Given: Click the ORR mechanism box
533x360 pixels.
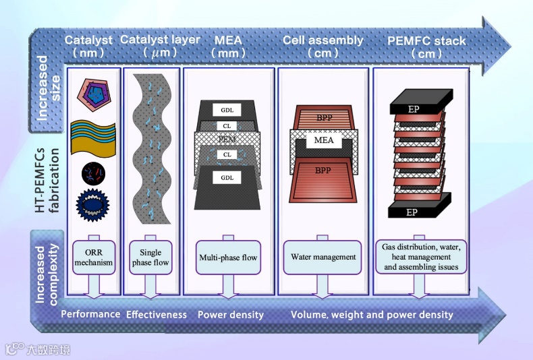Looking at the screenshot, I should tap(94, 258).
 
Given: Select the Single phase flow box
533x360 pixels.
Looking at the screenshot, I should tap(150, 258).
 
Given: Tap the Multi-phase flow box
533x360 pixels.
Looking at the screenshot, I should tap(229, 258).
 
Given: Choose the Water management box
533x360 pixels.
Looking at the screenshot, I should tap(323, 257).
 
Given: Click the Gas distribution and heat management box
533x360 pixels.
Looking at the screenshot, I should tap(421, 258).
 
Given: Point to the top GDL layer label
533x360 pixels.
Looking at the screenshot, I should tap(226, 110).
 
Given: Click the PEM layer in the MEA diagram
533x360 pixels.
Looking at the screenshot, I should tap(227, 140).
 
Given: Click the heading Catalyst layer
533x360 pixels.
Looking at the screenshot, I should tap(160, 40).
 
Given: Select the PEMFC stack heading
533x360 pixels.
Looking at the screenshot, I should tap(426, 41).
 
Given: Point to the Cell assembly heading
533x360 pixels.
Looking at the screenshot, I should tap(322, 40).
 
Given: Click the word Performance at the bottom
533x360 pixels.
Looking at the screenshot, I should tap(90, 314).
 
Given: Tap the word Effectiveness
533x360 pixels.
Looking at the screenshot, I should tap(157, 314).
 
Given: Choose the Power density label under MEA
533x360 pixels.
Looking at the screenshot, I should tap(230, 315).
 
